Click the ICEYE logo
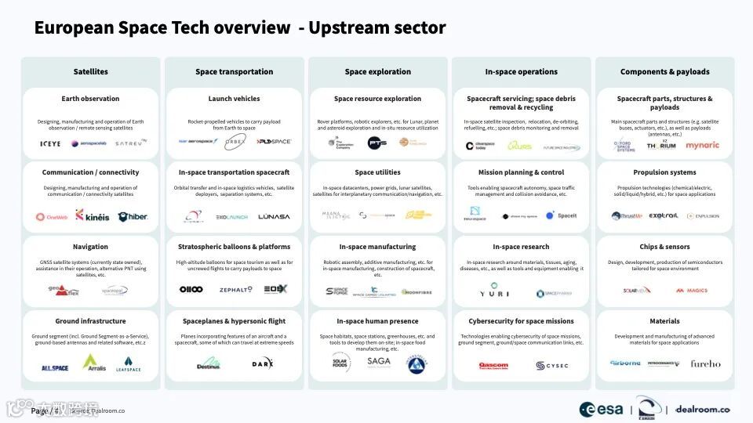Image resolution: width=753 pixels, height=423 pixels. click(x=50, y=143)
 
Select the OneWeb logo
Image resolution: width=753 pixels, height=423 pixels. click(x=51, y=217)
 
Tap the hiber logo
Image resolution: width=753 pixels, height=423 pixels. click(x=132, y=216)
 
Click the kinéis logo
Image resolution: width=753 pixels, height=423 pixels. click(x=91, y=215)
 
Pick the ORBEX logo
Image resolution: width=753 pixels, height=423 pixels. click(x=235, y=142)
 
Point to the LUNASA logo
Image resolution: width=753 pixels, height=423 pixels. click(x=274, y=216)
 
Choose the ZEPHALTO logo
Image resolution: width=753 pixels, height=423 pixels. click(x=235, y=290)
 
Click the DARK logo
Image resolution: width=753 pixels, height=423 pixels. click(x=263, y=363)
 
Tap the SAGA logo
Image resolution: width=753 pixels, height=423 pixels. click(x=378, y=362)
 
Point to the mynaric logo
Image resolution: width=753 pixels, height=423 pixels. click(x=702, y=145)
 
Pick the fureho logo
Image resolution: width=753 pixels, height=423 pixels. click(x=704, y=363)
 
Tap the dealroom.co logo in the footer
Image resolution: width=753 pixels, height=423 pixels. click(x=703, y=409)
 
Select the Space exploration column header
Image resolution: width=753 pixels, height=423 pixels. click(x=377, y=72)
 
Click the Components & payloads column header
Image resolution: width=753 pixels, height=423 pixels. click(x=664, y=72)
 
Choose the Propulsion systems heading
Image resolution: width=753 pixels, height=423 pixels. click(x=664, y=172)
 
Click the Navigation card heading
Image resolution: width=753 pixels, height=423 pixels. click(x=90, y=247)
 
